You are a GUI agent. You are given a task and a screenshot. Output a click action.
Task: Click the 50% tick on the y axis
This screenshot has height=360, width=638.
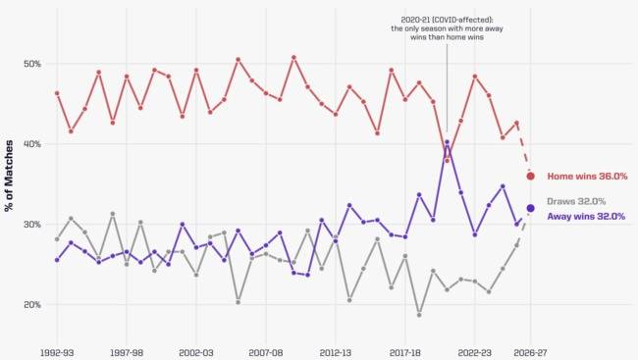(32, 64)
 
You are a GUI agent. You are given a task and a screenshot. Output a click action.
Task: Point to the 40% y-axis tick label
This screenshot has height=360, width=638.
(32, 144)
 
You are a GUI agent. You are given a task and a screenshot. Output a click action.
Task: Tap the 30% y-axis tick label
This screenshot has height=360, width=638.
(32, 224)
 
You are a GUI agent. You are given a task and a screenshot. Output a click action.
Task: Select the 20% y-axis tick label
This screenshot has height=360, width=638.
(32, 305)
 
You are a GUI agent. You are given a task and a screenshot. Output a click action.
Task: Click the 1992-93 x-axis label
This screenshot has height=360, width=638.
(57, 353)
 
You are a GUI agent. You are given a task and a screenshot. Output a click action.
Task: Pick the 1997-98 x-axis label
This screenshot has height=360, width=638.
(127, 353)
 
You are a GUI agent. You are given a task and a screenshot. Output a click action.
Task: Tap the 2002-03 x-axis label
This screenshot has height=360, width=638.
(196, 353)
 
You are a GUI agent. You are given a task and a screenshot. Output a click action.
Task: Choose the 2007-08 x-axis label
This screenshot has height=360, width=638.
(266, 353)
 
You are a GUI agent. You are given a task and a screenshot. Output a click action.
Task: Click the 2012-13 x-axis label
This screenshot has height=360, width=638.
(336, 353)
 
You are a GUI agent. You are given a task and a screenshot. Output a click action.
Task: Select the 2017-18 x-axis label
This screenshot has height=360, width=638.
(404, 353)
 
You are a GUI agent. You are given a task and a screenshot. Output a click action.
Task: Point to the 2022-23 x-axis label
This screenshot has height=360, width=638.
(474, 353)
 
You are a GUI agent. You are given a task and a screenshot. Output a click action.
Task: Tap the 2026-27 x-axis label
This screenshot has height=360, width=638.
(530, 353)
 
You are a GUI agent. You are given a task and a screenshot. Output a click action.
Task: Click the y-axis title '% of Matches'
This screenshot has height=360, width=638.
(9, 176)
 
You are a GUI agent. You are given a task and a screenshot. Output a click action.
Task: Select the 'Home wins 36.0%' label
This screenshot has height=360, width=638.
(587, 177)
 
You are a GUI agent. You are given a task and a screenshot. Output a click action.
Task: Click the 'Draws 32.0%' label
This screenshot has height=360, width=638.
(576, 201)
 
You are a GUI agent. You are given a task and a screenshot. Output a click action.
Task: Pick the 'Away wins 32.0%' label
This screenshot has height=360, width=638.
(586, 217)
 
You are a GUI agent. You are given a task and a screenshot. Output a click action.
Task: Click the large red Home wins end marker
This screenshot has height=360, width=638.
(530, 177)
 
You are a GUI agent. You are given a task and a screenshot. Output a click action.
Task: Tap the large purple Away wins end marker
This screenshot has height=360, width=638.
(530, 208)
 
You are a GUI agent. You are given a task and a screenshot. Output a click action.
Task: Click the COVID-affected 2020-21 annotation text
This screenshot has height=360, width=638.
(447, 28)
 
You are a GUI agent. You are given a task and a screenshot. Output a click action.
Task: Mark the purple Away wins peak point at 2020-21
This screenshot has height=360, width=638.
(447, 142)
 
